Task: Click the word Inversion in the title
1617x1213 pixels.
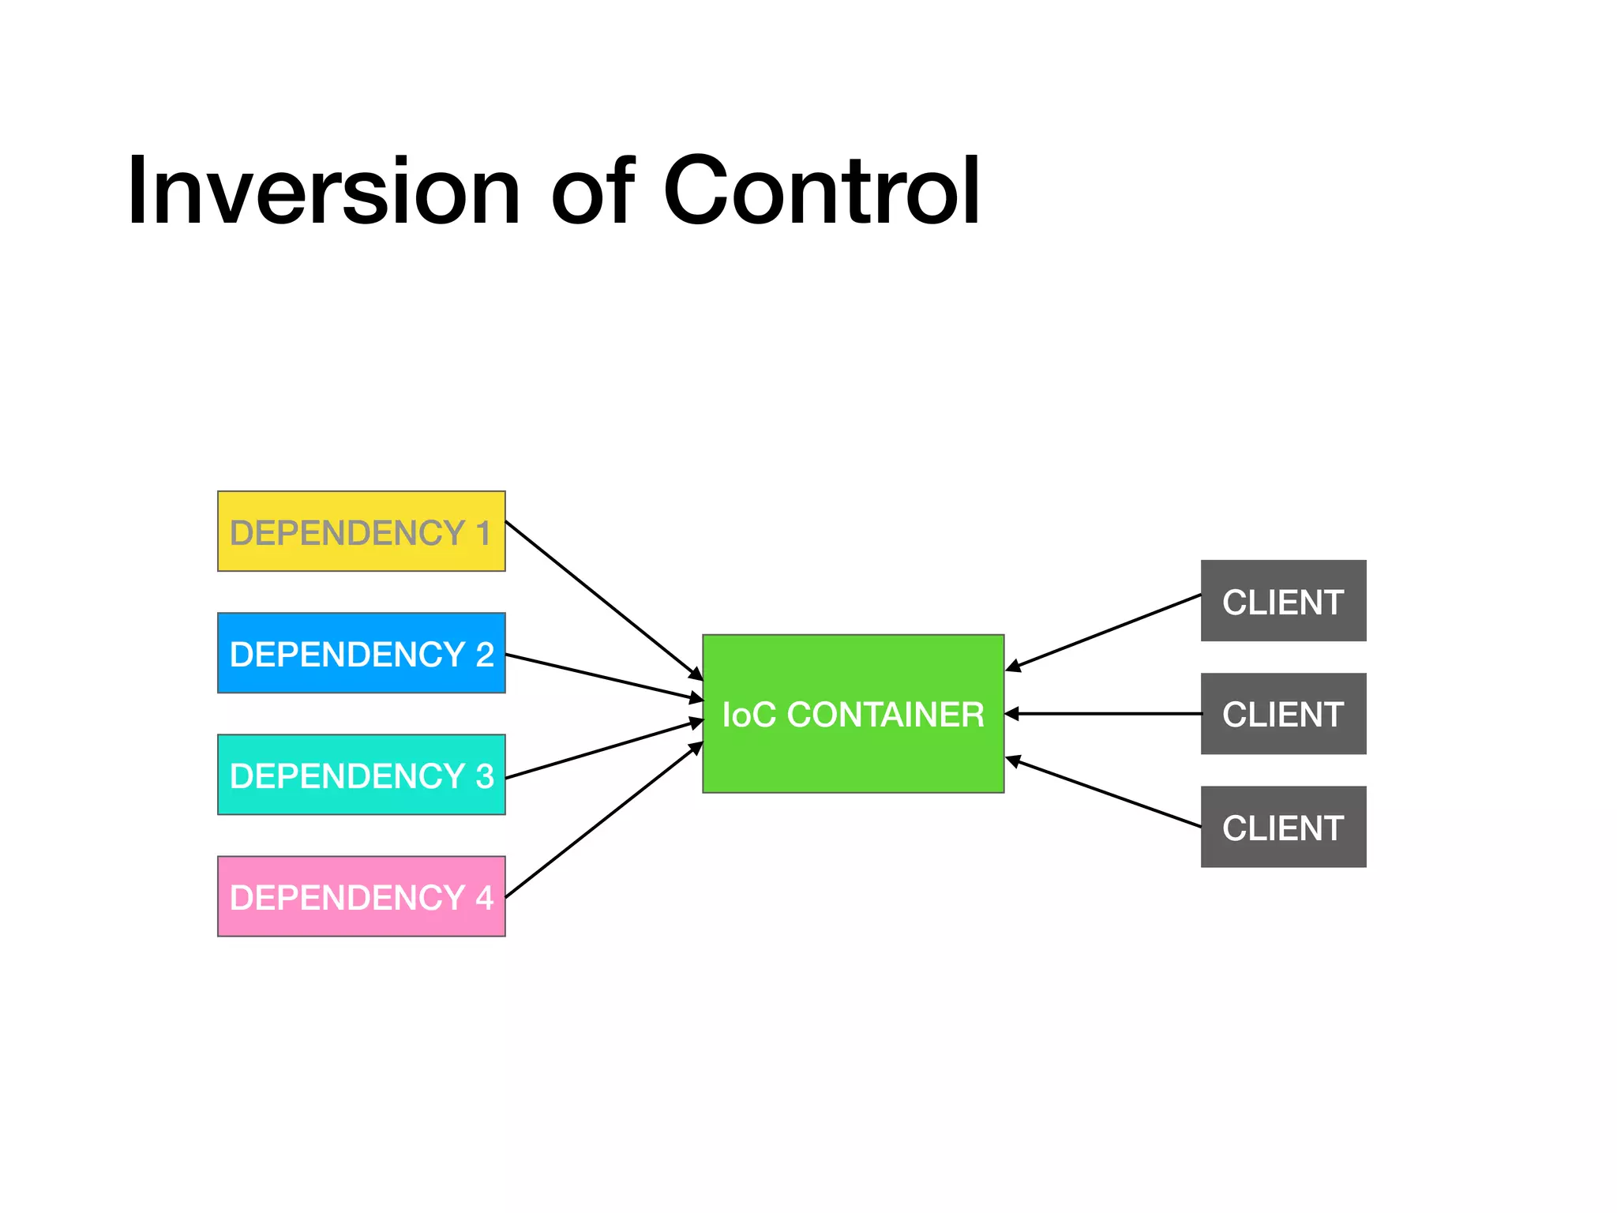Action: pyautogui.click(x=324, y=191)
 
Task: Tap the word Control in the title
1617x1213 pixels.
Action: pyautogui.click(x=821, y=191)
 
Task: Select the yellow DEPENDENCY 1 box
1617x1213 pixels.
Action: pyautogui.click(x=361, y=531)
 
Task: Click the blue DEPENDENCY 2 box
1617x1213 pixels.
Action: pyautogui.click(x=361, y=653)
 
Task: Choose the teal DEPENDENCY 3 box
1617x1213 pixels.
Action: pyautogui.click(x=361, y=775)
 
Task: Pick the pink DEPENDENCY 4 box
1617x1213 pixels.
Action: pyautogui.click(x=361, y=896)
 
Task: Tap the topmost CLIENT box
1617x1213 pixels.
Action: pyautogui.click(x=1283, y=601)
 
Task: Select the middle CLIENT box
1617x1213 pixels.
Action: pyautogui.click(x=1283, y=714)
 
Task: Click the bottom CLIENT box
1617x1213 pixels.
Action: pyautogui.click(x=1283, y=827)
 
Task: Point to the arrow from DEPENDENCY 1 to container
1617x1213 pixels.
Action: pyautogui.click(x=604, y=600)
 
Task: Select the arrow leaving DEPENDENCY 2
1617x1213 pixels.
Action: pyautogui.click(x=604, y=678)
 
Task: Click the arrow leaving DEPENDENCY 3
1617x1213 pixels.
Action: pyautogui.click(x=604, y=749)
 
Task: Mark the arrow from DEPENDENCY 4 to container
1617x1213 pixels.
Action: pyautogui.click(x=604, y=821)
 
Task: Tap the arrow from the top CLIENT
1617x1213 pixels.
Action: pyautogui.click(x=1104, y=633)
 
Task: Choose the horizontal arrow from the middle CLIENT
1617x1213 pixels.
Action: pyautogui.click(x=1104, y=714)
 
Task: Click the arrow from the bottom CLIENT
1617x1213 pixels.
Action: pyautogui.click(x=1104, y=793)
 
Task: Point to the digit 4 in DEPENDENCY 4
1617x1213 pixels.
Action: pyautogui.click(x=484, y=898)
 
